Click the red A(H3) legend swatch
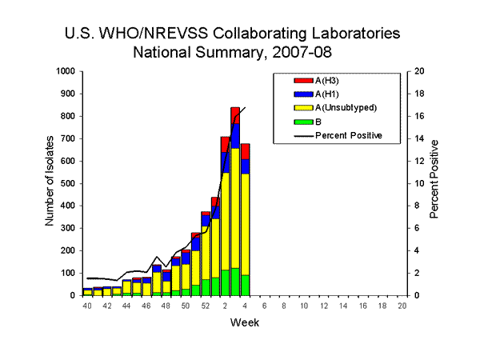tap(303, 81)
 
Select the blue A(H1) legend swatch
tap(303, 94)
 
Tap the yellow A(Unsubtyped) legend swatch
tap(303, 108)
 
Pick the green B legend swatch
tap(303, 122)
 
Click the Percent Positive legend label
tap(348, 135)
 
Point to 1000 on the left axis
tap(62, 71)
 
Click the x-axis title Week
tap(245, 323)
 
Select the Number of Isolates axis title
tap(50, 183)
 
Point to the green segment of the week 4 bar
tap(245, 285)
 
